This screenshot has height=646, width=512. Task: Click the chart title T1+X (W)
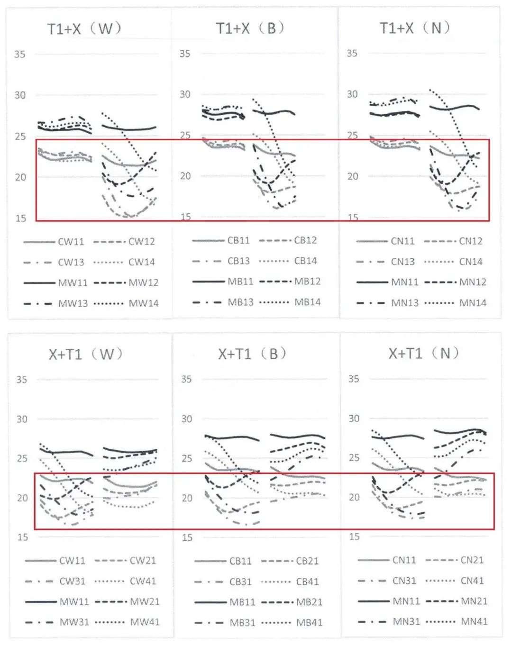[84, 29]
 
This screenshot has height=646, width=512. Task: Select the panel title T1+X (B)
[250, 28]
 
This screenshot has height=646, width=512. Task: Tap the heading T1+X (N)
[414, 28]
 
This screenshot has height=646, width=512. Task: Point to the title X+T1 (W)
[85, 354]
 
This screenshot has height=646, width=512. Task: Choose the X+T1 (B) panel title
[252, 354]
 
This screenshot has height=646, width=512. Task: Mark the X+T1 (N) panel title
[423, 353]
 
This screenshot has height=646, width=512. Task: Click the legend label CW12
[142, 242]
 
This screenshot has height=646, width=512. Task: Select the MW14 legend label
[144, 303]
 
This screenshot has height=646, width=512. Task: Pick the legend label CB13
[238, 261]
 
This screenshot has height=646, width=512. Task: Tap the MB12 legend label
[308, 282]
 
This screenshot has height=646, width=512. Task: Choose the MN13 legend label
[405, 303]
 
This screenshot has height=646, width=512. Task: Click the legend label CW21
[143, 561]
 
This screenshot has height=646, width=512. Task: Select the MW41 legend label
[145, 622]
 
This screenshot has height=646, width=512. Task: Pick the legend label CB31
[240, 582]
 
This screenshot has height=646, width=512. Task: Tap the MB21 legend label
[310, 602]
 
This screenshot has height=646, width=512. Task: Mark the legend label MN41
[474, 621]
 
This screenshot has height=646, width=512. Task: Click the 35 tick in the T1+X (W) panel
[19, 54]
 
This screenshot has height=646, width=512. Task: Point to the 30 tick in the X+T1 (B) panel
[187, 419]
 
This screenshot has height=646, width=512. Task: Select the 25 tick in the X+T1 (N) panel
[354, 458]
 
